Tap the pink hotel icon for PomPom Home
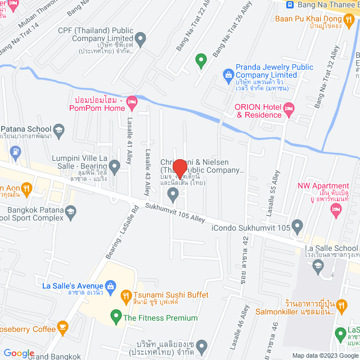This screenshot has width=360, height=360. pyautogui.click(x=132, y=103)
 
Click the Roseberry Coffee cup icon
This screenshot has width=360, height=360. pyautogui.click(x=62, y=326)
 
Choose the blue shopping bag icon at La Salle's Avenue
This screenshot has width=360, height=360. pyautogui.click(x=111, y=286)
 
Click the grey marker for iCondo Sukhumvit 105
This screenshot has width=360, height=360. pyautogui.click(x=298, y=227)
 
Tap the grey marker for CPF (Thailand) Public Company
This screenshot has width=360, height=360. pyautogui.click(x=141, y=39)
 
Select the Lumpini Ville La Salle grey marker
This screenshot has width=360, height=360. pyautogui.click(x=115, y=166)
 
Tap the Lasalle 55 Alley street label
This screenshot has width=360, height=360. pyautogui.click(x=276, y=194)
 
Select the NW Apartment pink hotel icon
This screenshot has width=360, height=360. pyautogui.click(x=336, y=211)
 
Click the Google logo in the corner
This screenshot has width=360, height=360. pyautogui.click(x=19, y=353)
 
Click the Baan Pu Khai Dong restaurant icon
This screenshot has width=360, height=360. pyautogui.click(x=349, y=19)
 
